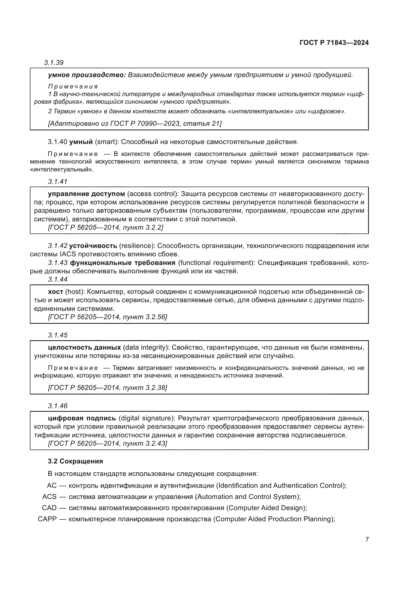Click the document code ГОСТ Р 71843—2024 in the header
(334, 43)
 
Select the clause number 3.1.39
(54, 63)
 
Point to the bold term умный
(81, 142)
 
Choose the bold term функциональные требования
(123, 263)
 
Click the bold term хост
(55, 292)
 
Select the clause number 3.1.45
(58, 335)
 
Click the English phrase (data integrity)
(146, 347)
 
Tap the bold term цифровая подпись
(82, 418)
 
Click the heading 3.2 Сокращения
(75, 461)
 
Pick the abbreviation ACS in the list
(49, 497)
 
